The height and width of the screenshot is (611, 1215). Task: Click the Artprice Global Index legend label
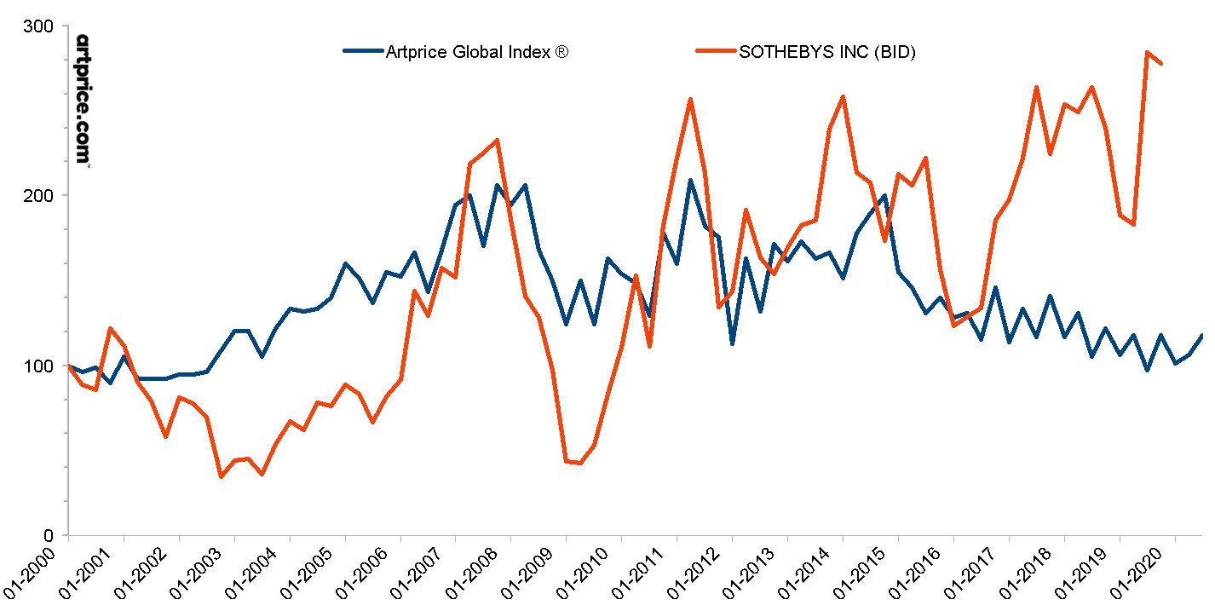tap(476, 52)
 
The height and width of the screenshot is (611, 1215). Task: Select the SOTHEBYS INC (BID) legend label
tap(827, 52)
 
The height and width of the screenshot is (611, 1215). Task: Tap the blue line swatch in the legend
tap(362, 51)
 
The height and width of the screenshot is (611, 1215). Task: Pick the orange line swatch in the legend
tap(715, 51)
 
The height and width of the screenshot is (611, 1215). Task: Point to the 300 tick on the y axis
tap(38, 26)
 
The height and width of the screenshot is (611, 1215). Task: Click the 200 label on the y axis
tap(38, 195)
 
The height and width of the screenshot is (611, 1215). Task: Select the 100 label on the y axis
tap(38, 366)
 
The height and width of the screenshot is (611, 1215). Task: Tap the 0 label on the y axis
tap(49, 535)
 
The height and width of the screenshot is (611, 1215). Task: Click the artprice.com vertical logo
tap(83, 100)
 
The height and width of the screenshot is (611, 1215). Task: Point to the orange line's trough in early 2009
tap(580, 463)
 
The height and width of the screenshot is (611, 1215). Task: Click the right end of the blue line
tap(1202, 335)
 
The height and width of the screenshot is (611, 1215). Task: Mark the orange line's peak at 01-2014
tap(843, 96)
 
